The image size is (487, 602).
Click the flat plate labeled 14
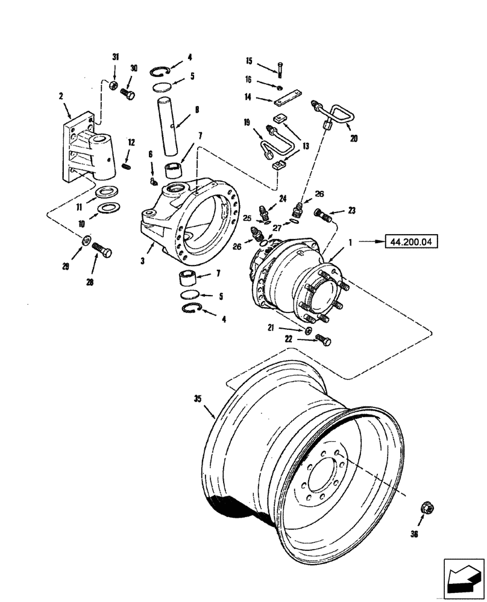(x=285, y=98)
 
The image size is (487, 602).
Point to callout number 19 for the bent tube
(x=247, y=122)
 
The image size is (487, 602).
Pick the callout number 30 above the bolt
(x=134, y=69)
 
